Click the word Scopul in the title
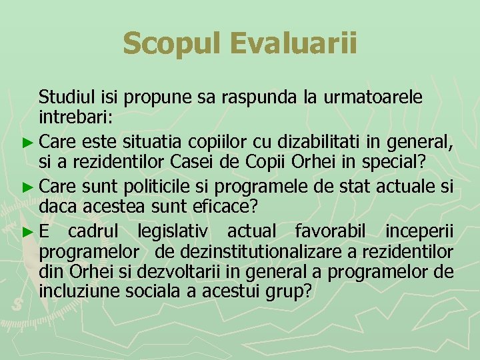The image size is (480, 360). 172,43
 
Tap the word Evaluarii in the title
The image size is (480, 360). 293,43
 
